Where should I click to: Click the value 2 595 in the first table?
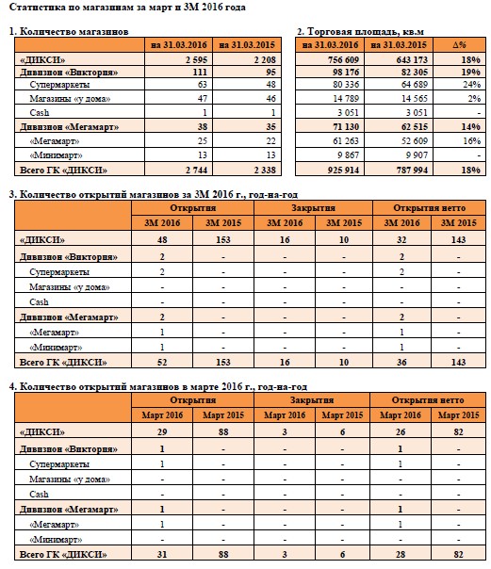(x=196, y=59)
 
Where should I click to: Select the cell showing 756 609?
(x=343, y=59)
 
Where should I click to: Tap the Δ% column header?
(x=459, y=45)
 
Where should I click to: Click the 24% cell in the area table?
(x=471, y=85)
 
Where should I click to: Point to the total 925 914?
(x=343, y=170)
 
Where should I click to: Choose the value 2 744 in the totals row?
(x=196, y=170)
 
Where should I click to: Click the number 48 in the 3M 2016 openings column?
(x=162, y=239)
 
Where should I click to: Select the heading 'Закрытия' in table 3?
(x=313, y=208)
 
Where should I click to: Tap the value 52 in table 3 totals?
(x=162, y=362)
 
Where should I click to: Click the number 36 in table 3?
(x=401, y=362)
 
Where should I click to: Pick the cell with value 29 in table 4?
(x=162, y=431)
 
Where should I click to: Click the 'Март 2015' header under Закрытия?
(x=342, y=415)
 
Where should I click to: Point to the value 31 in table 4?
(x=162, y=555)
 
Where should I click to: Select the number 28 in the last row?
(x=401, y=555)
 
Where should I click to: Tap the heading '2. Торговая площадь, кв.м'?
(x=360, y=32)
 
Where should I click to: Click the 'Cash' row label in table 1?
(x=40, y=112)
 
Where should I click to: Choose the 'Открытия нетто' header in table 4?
(x=428, y=400)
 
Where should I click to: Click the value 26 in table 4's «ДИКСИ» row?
(x=401, y=431)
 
